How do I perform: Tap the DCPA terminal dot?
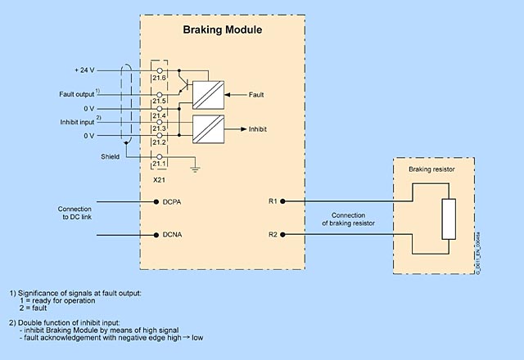point(156,200)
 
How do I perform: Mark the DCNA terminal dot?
point(156,235)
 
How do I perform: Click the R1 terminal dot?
point(282,200)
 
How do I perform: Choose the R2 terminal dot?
point(282,235)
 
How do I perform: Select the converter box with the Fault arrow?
point(207,95)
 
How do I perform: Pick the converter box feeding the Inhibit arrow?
point(207,128)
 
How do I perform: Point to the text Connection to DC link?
point(75,213)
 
